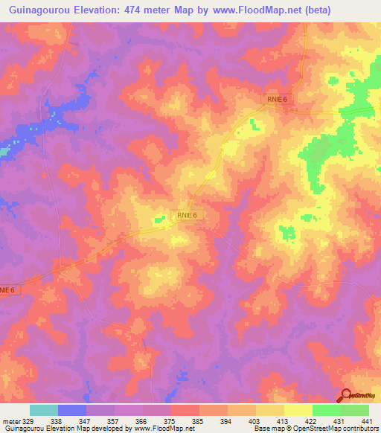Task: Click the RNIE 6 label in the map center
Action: click(187, 215)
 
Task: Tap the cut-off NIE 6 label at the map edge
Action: click(7, 289)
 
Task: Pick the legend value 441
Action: click(366, 420)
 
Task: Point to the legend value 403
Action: click(253, 420)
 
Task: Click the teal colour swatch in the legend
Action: click(44, 410)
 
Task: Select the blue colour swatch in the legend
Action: click(72, 410)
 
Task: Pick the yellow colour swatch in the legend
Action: click(298, 410)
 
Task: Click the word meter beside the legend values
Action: click(10, 420)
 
